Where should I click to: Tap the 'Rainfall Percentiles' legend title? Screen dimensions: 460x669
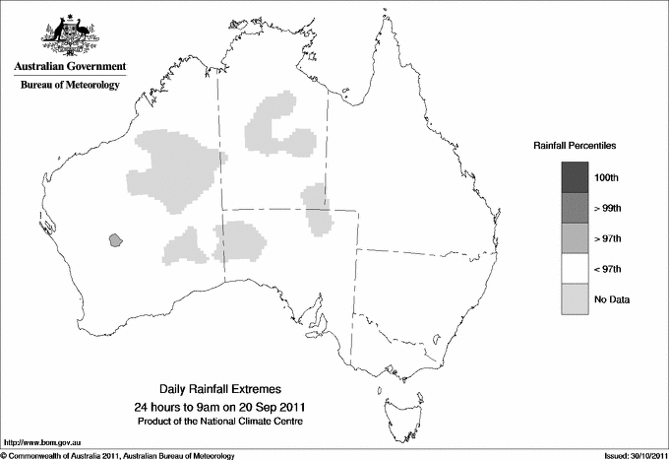click(x=575, y=145)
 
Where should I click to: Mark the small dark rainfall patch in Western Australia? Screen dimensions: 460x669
click(x=116, y=238)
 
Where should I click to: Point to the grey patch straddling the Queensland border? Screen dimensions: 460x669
click(x=318, y=209)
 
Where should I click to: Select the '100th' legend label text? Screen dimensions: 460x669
click(x=607, y=176)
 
